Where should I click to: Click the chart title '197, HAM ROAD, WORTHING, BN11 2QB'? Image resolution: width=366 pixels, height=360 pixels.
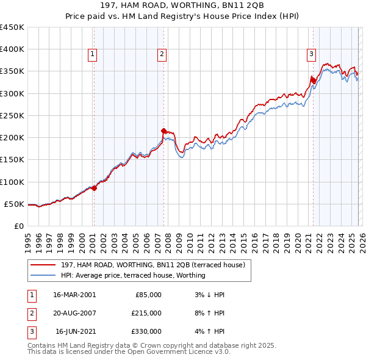click(x=182, y=5)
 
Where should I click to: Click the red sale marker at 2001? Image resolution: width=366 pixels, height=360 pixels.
click(x=95, y=189)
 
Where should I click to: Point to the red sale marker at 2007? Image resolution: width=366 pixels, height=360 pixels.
click(x=163, y=131)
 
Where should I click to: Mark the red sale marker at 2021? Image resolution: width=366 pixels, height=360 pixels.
click(x=313, y=80)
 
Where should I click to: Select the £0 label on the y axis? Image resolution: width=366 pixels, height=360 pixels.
click(x=19, y=226)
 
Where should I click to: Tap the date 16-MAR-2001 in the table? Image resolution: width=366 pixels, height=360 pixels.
click(x=74, y=295)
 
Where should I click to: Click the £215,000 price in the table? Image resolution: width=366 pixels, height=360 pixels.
click(x=147, y=313)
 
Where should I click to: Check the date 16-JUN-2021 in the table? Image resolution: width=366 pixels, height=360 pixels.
click(x=74, y=331)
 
